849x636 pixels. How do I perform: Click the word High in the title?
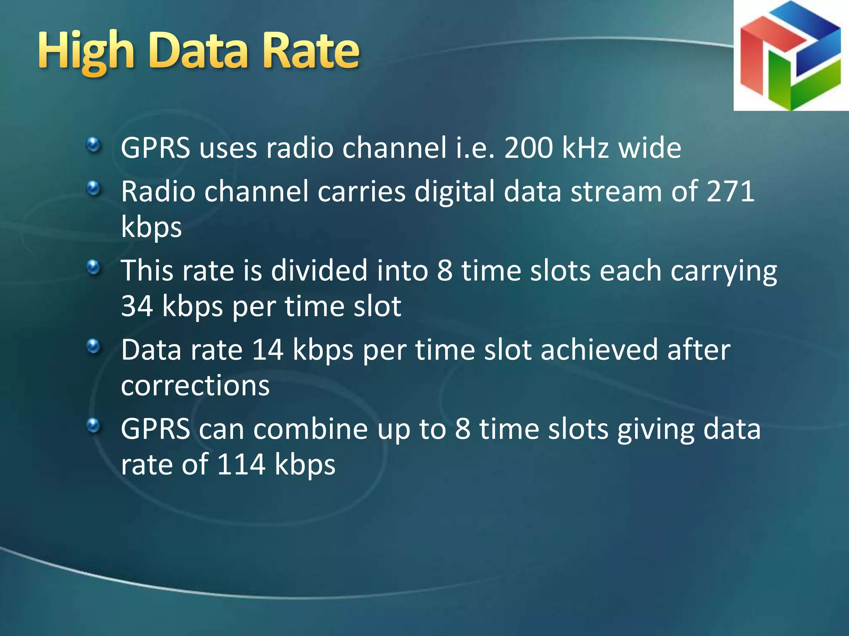86,52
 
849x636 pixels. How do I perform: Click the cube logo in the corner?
791,55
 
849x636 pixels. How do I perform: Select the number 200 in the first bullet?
528,148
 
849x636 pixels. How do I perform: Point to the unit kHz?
585,148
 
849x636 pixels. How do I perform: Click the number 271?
730,191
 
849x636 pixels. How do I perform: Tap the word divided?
319,271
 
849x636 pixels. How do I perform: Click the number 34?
137,306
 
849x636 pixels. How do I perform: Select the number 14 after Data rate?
268,350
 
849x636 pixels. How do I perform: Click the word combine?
310,429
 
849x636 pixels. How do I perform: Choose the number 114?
241,465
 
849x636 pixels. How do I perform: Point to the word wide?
650,148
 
